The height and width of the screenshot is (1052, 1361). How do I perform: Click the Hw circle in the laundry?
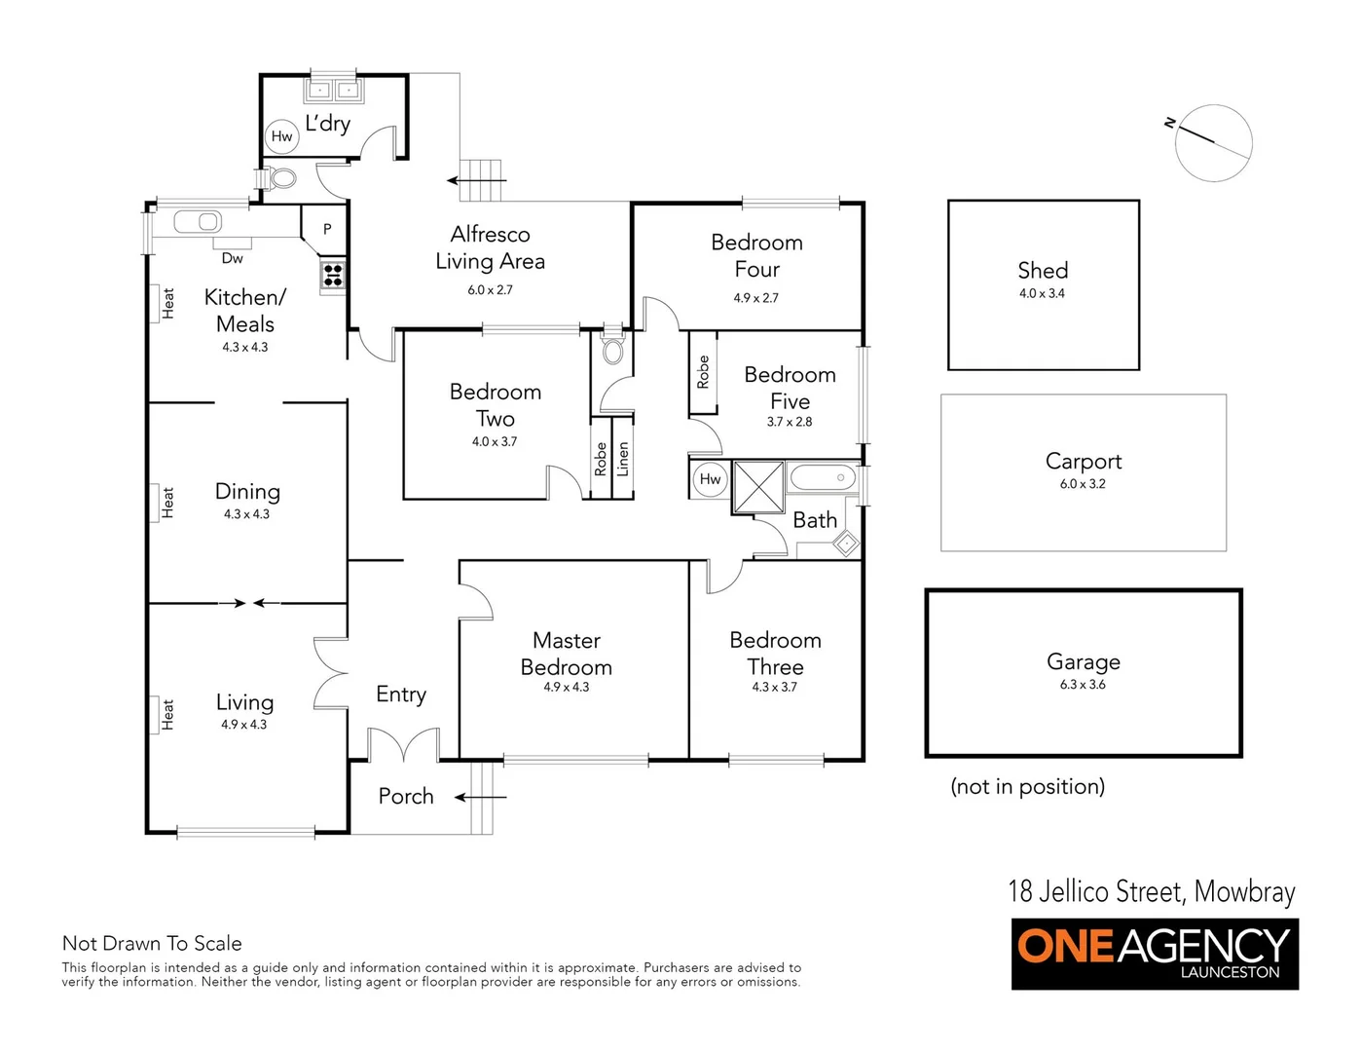click(x=281, y=136)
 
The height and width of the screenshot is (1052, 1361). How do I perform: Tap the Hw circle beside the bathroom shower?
click(x=710, y=478)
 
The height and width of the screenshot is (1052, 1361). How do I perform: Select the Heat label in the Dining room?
click(x=167, y=503)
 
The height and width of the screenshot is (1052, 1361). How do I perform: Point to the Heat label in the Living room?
click(x=167, y=714)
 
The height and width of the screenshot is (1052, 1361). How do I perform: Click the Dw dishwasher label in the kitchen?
click(x=232, y=258)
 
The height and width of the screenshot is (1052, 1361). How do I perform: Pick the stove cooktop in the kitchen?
click(x=332, y=274)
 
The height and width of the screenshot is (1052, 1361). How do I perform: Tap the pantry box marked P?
click(x=327, y=229)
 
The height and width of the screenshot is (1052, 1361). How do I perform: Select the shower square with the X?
click(x=758, y=486)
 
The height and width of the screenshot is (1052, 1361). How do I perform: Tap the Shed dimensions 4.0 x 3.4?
click(x=1042, y=293)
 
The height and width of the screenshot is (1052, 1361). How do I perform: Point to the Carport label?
click(x=1083, y=461)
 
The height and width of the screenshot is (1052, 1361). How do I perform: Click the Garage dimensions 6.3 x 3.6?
click(x=1083, y=685)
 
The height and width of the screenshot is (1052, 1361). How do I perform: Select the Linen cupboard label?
click(x=623, y=459)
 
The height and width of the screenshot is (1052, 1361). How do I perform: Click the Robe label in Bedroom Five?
click(x=703, y=372)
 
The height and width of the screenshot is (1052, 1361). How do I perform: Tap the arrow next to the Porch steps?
click(x=482, y=797)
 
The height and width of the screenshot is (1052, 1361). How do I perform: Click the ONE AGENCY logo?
click(x=1155, y=954)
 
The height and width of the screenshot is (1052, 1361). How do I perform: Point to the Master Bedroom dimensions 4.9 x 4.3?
click(x=566, y=687)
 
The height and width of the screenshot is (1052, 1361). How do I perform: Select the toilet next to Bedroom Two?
click(x=612, y=350)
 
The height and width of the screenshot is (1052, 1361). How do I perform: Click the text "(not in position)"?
click(x=1027, y=786)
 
